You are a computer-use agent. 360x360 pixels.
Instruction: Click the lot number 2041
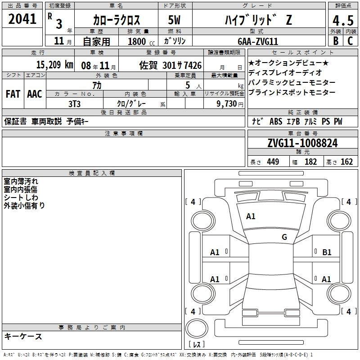[x=22, y=19]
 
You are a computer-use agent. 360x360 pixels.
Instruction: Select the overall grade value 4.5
[x=343, y=21]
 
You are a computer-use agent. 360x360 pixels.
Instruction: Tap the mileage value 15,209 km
[x=54, y=65]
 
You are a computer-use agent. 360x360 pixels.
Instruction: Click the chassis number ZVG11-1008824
[x=302, y=143]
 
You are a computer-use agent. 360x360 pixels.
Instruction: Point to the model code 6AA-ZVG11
[x=258, y=41]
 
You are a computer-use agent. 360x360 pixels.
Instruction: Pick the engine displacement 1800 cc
[x=141, y=41]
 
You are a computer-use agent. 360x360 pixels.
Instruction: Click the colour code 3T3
[x=74, y=104]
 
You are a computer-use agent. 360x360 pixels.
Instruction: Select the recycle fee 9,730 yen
[x=230, y=104]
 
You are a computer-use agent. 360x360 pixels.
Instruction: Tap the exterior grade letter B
[x=336, y=41]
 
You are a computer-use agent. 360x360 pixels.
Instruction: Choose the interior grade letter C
[x=350, y=41]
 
